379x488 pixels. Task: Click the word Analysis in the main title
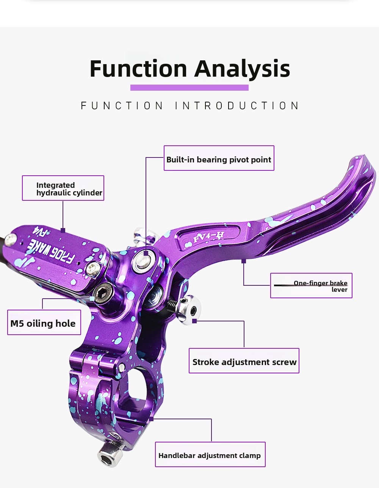point(242,69)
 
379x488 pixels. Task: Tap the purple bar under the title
point(189,88)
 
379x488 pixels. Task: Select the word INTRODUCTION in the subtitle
point(237,105)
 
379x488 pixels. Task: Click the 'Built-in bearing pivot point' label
point(219,158)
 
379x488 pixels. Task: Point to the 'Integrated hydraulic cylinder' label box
point(63,188)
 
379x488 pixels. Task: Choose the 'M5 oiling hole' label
point(44,323)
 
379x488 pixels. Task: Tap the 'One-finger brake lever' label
point(311,286)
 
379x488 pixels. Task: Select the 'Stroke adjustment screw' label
point(244,360)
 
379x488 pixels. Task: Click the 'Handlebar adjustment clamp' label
point(210,454)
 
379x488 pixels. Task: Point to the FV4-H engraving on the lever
point(208,237)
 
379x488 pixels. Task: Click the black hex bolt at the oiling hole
point(103,293)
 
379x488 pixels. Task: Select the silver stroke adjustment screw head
point(190,310)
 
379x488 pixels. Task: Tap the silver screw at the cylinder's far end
point(11,239)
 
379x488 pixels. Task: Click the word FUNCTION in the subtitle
point(122,105)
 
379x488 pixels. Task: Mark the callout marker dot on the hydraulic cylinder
point(63,230)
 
